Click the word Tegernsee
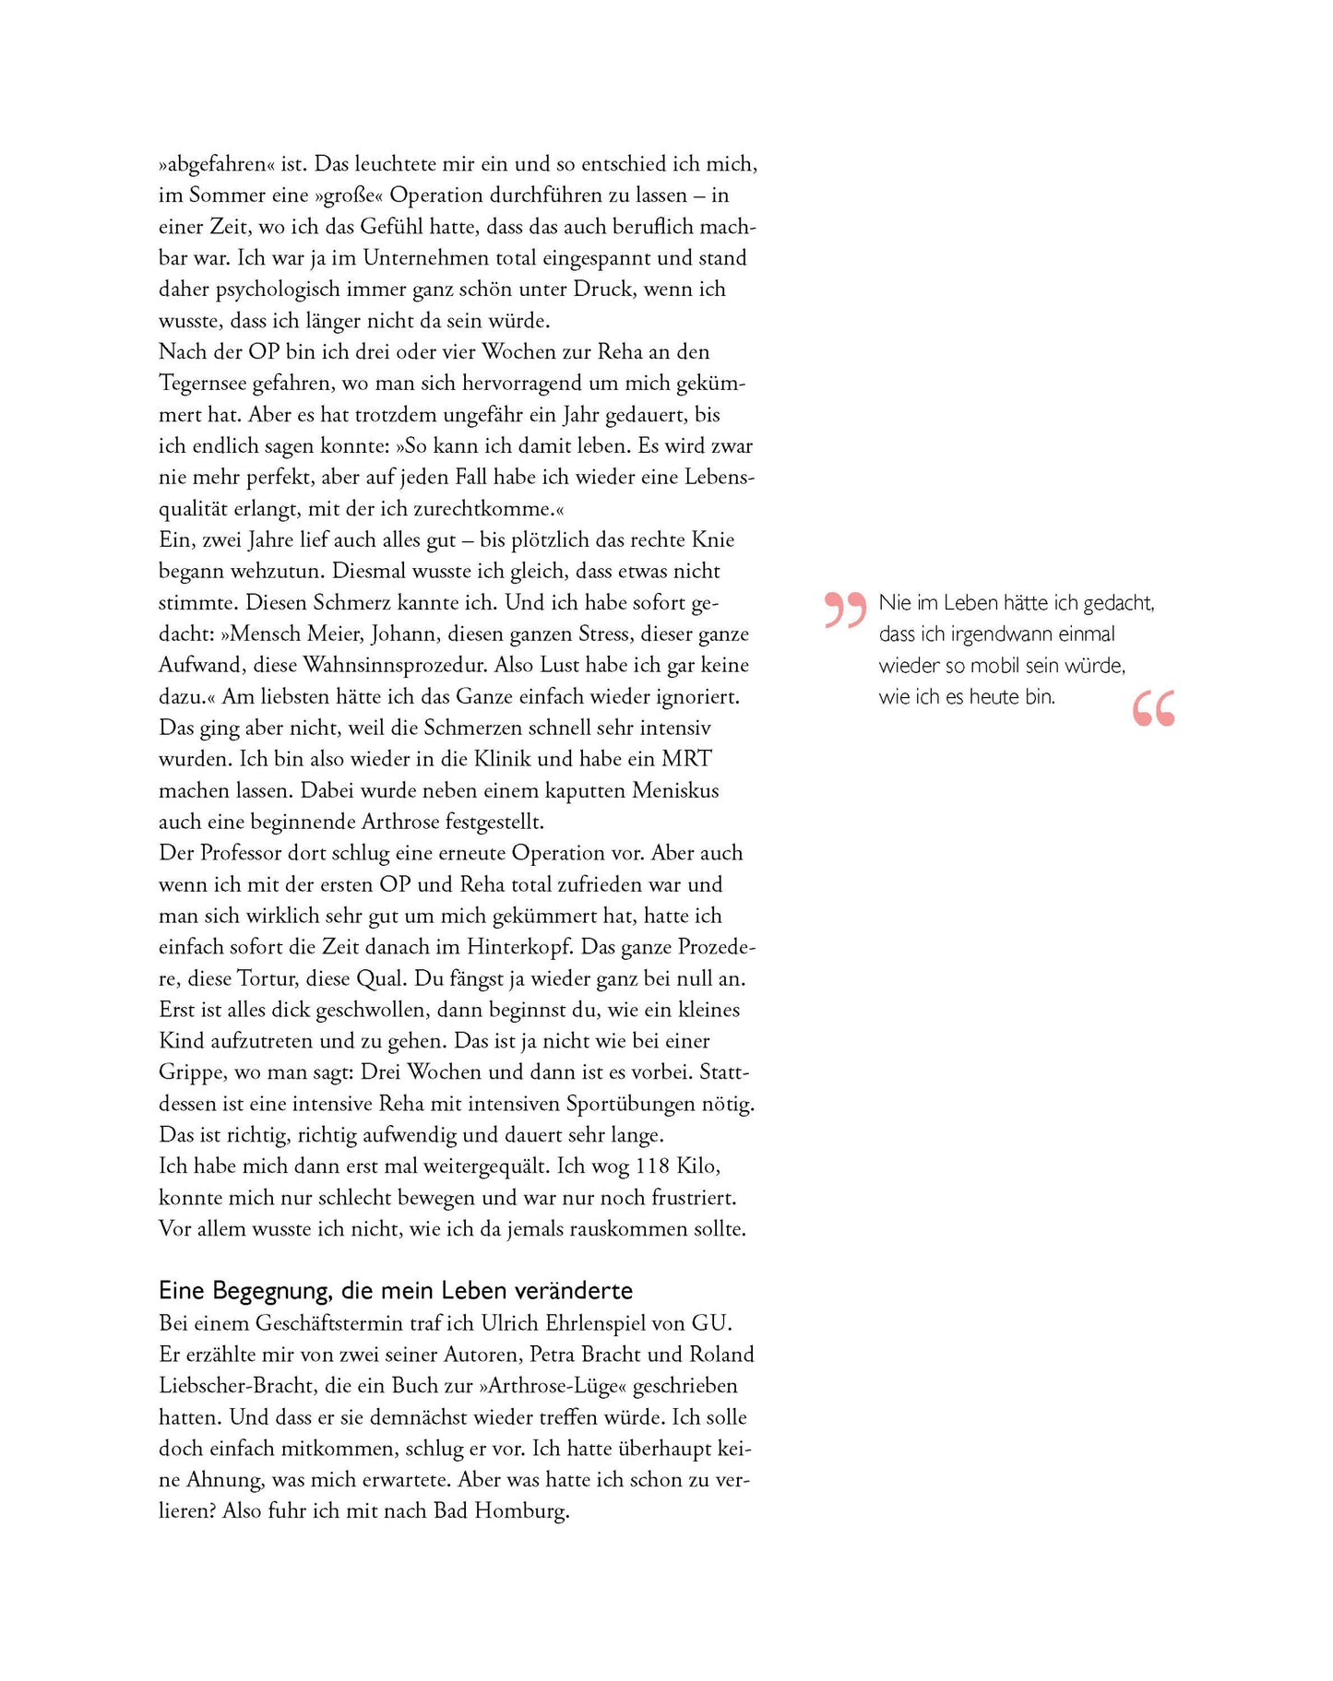[202, 384]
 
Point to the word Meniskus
[676, 791]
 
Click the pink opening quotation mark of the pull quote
[845, 610]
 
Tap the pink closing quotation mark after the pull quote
[1153, 708]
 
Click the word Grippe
[192, 1073]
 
